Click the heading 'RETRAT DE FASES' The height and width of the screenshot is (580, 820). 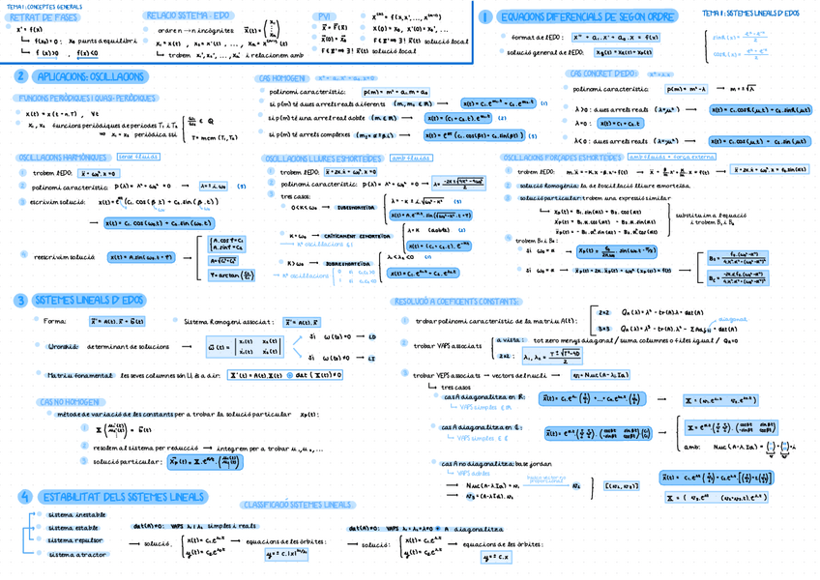(x=43, y=17)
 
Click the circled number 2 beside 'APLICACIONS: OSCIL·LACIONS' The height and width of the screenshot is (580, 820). (x=20, y=76)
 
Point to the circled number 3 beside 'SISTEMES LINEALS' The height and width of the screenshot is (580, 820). (x=20, y=301)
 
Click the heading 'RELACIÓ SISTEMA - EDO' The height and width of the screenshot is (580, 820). (x=188, y=15)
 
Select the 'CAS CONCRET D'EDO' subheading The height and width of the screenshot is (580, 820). (x=602, y=73)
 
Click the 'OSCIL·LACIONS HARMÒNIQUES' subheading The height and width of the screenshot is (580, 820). (x=63, y=157)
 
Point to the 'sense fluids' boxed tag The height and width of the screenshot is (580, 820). (x=138, y=156)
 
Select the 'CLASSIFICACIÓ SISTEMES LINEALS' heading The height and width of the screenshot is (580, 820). (x=296, y=505)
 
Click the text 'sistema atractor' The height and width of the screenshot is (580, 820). (x=76, y=555)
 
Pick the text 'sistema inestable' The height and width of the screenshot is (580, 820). (x=77, y=515)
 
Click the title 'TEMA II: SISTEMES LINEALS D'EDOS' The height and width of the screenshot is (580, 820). (x=750, y=14)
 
